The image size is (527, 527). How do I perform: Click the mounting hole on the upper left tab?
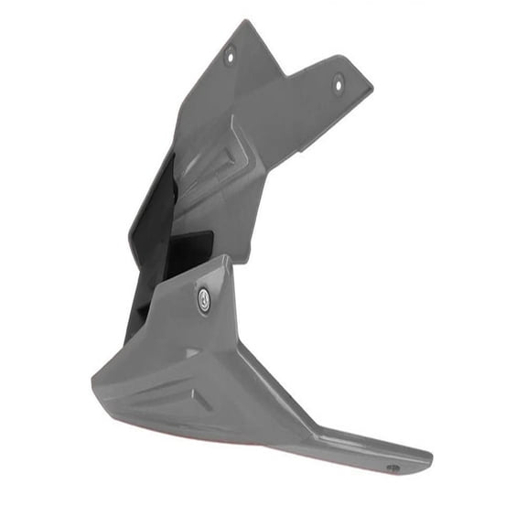[230, 55]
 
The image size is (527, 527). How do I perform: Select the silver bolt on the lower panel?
[203, 299]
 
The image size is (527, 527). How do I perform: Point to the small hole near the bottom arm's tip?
[393, 468]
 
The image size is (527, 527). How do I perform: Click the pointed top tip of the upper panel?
[246, 22]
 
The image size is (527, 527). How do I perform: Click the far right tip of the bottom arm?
[430, 455]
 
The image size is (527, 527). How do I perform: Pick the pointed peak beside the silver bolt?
[223, 260]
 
